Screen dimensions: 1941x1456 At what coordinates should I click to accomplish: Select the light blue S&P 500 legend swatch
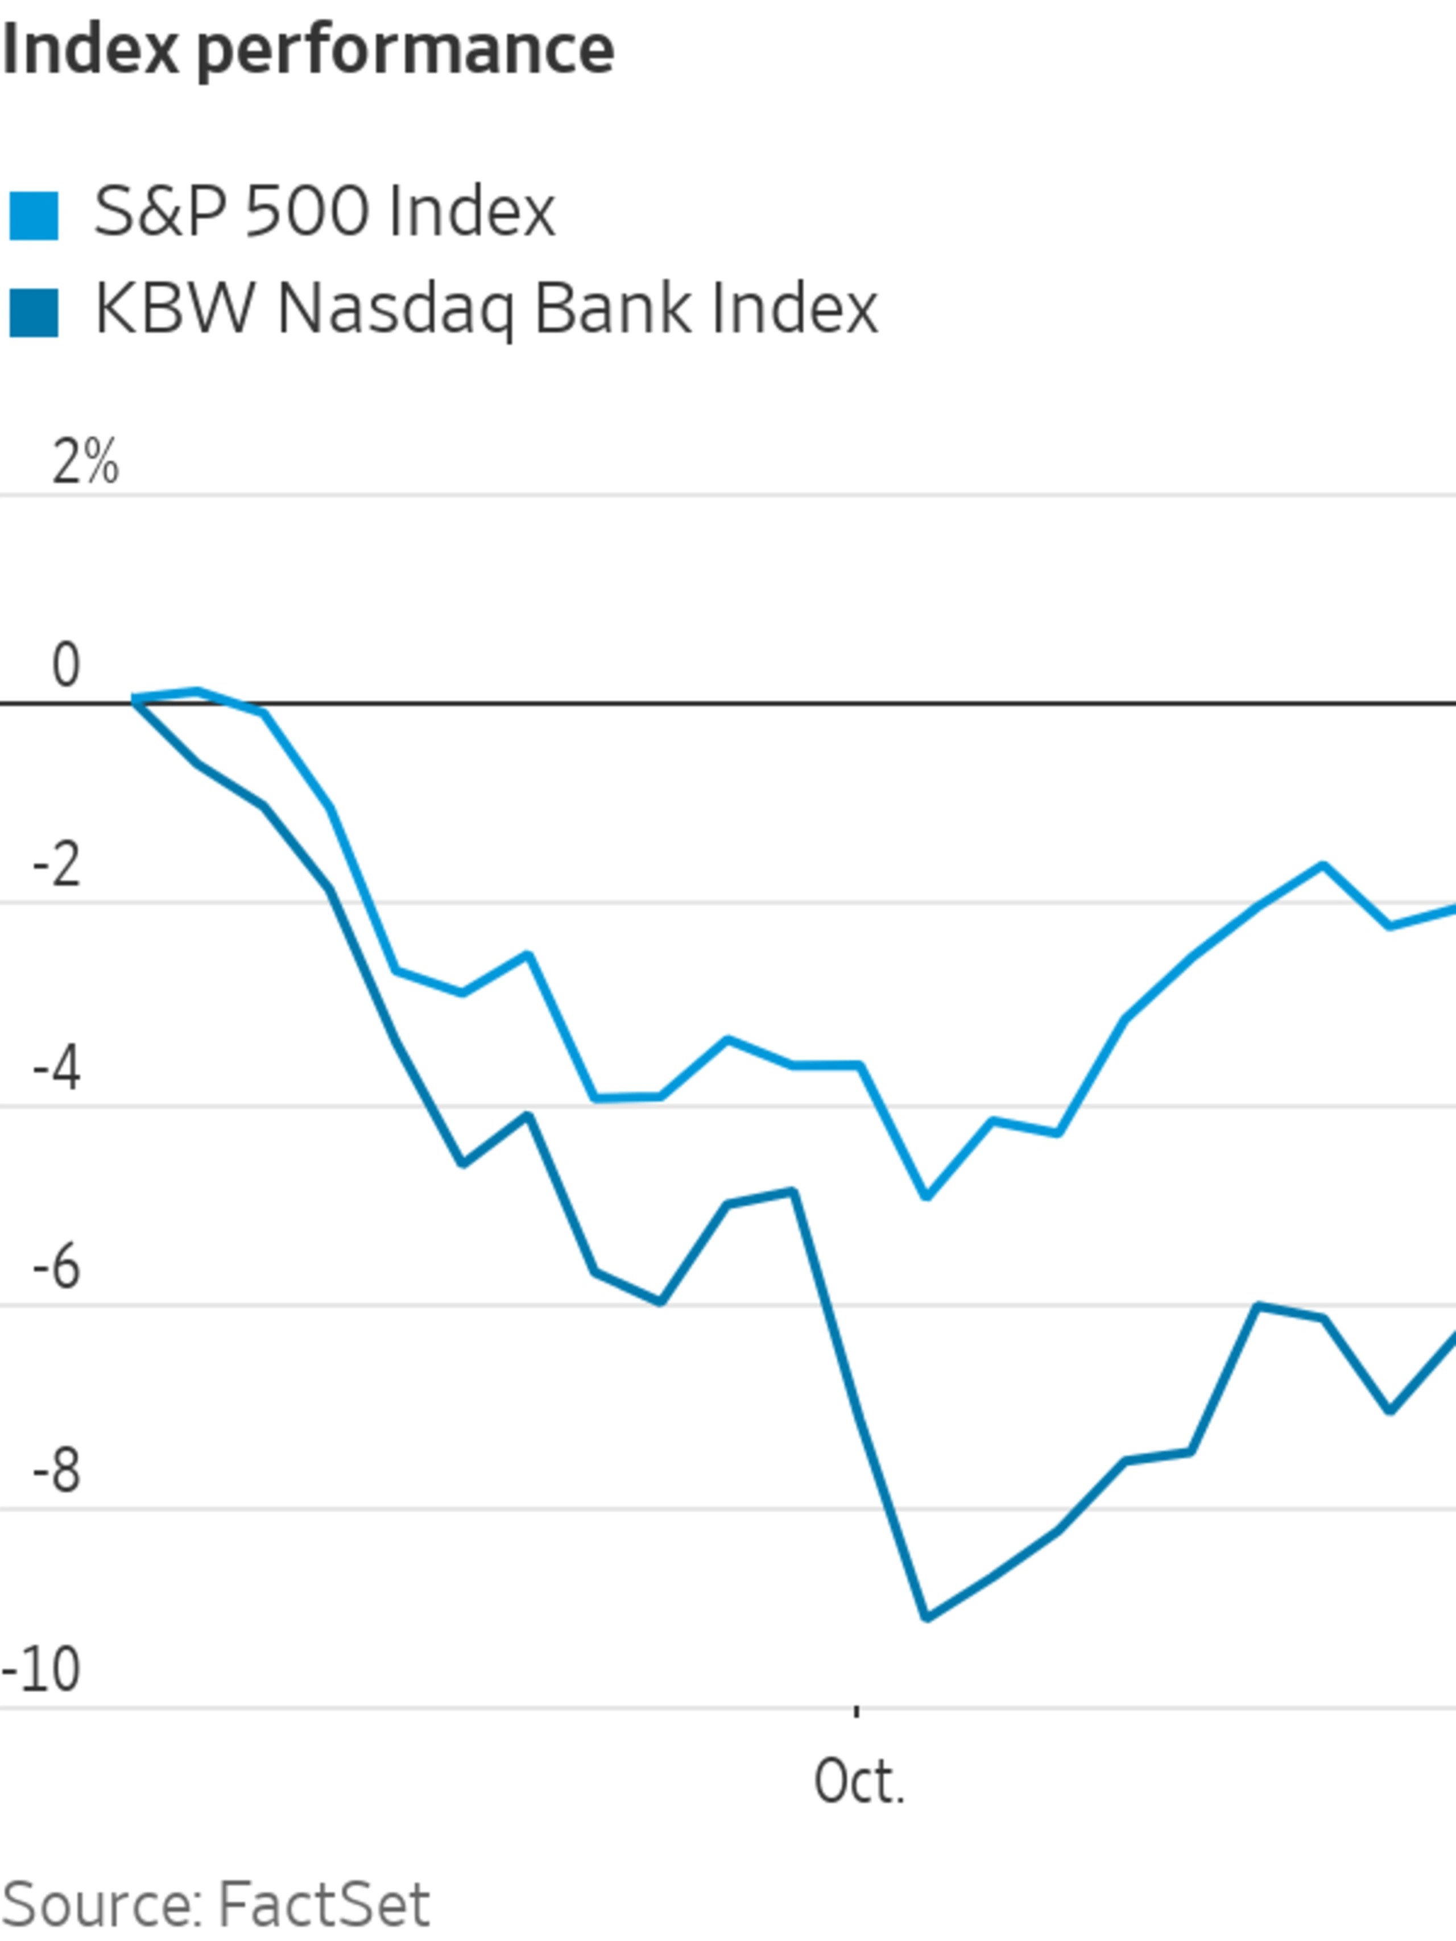[34, 215]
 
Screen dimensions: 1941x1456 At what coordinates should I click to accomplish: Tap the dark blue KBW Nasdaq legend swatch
[34, 312]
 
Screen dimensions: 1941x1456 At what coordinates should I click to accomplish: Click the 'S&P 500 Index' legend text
[325, 212]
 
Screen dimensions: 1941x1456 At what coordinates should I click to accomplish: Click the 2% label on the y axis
[84, 462]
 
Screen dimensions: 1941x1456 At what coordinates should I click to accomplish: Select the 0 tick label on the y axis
[66, 664]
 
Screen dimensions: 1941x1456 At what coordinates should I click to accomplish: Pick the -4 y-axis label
[57, 1069]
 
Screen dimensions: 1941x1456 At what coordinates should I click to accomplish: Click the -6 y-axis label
[57, 1268]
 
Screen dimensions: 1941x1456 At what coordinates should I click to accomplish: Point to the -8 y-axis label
[57, 1471]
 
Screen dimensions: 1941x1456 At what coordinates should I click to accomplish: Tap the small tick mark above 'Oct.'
[857, 1710]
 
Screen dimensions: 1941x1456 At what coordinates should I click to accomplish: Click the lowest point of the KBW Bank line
[927, 1616]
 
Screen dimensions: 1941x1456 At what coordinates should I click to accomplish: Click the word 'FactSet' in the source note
[323, 1903]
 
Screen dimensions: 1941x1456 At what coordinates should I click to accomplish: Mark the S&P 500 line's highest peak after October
[1322, 866]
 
